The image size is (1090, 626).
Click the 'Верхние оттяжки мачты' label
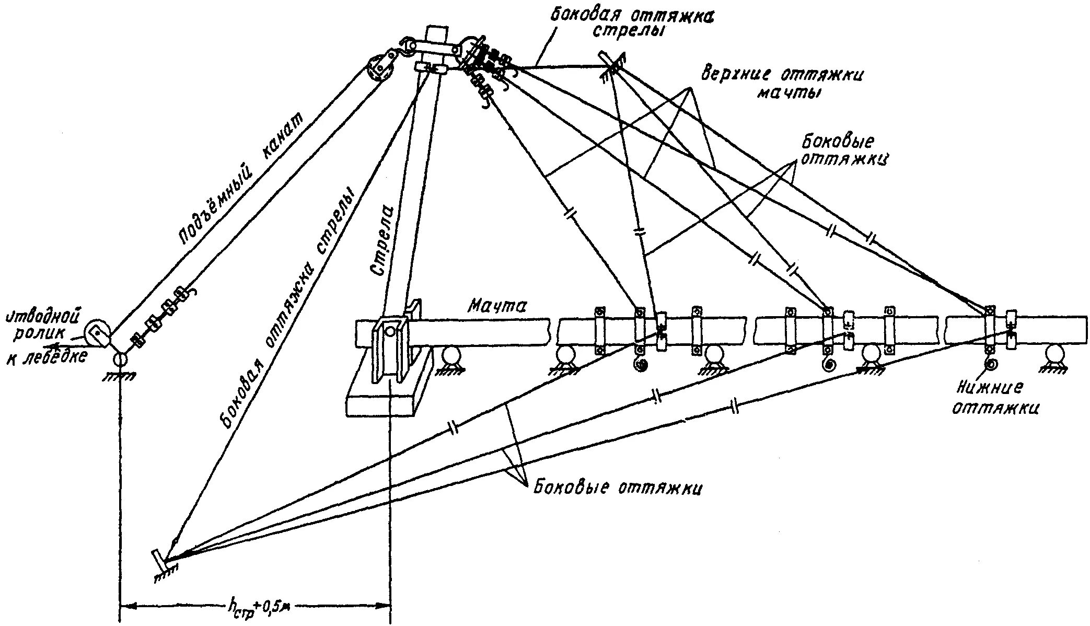click(782, 83)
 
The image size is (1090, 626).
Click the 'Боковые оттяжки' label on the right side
click(843, 150)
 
